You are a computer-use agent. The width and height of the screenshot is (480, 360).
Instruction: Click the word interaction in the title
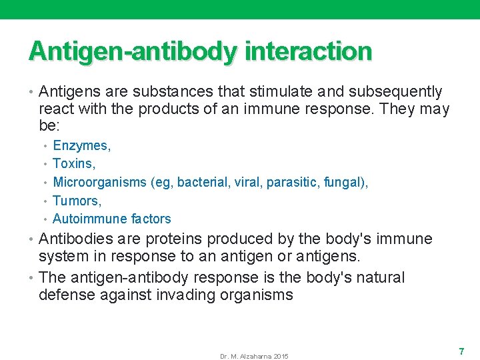308,51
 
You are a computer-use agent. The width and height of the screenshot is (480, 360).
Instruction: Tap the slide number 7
461,351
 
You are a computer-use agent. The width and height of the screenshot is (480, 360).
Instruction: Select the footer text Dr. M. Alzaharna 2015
254,357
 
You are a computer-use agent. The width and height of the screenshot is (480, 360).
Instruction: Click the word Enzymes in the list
81,145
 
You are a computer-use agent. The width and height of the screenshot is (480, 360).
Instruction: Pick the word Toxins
73,163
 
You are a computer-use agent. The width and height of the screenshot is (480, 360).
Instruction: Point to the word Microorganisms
99,182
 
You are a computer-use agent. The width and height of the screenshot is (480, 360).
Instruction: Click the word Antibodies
75,239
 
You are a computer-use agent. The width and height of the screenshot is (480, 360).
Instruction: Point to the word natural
380,277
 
